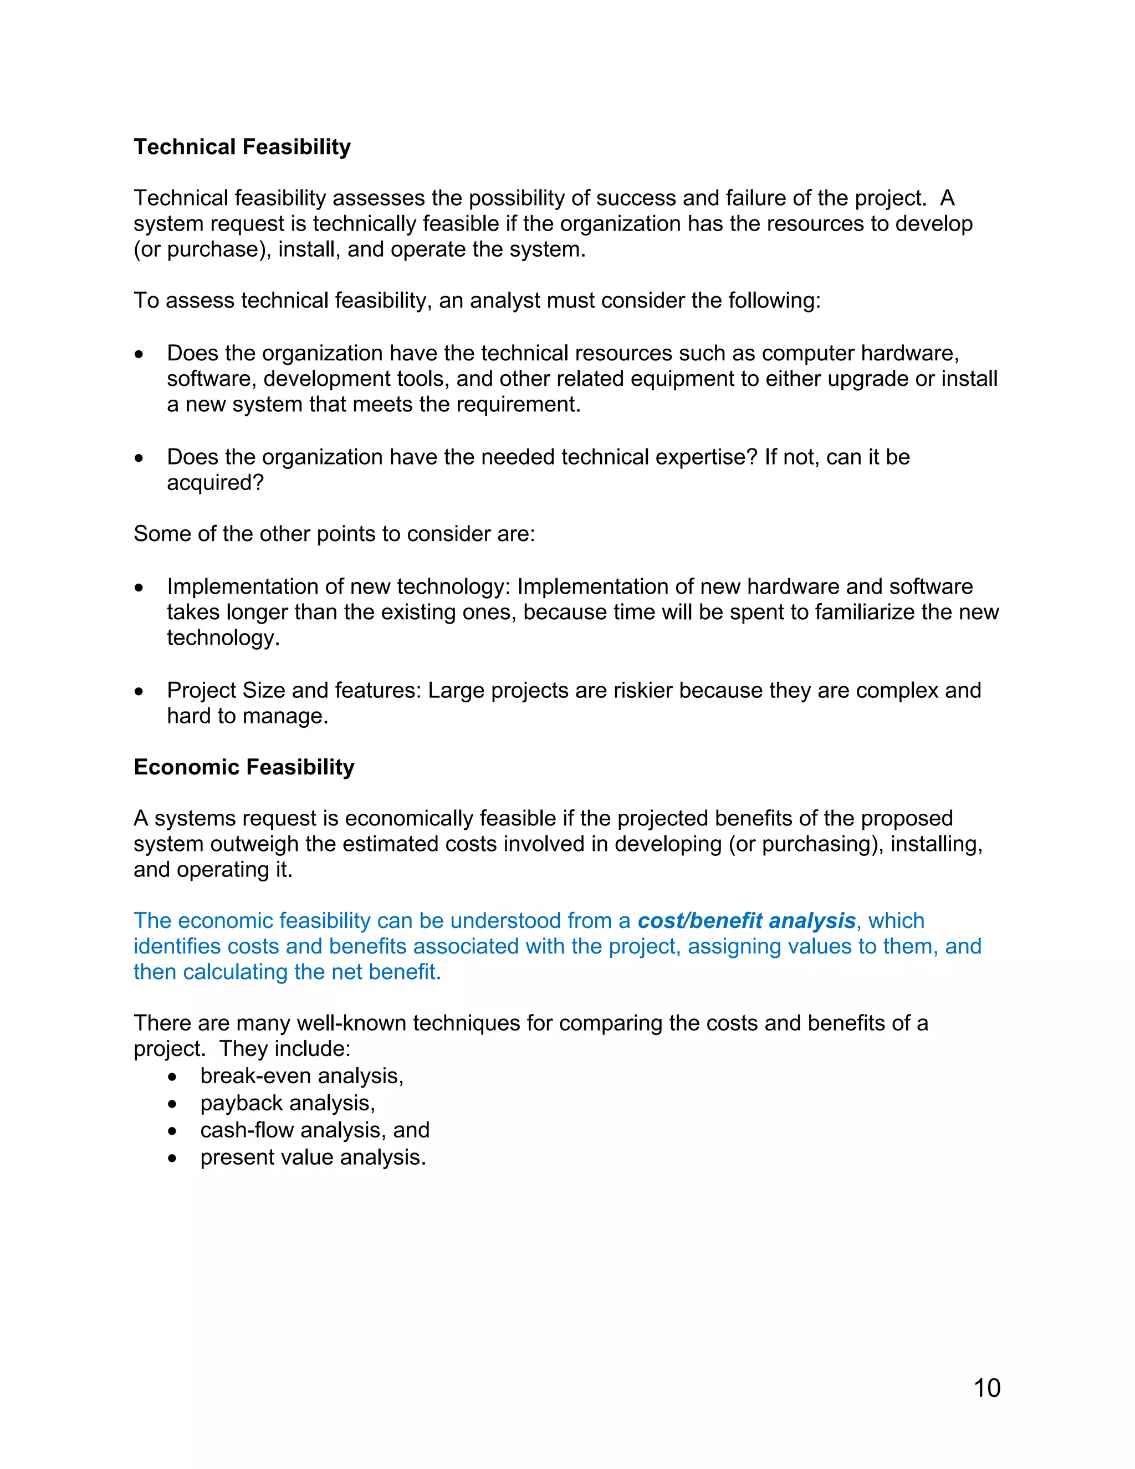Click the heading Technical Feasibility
click(242, 147)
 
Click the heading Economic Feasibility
click(243, 767)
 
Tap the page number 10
click(987, 1388)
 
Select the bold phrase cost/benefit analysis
click(747, 920)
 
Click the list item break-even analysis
click(302, 1075)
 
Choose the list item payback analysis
click(287, 1103)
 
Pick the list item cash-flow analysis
click(315, 1129)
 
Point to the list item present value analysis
click(313, 1157)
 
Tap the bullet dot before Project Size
click(139, 691)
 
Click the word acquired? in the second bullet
click(215, 482)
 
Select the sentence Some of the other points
click(334, 533)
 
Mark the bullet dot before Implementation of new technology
click(139, 588)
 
